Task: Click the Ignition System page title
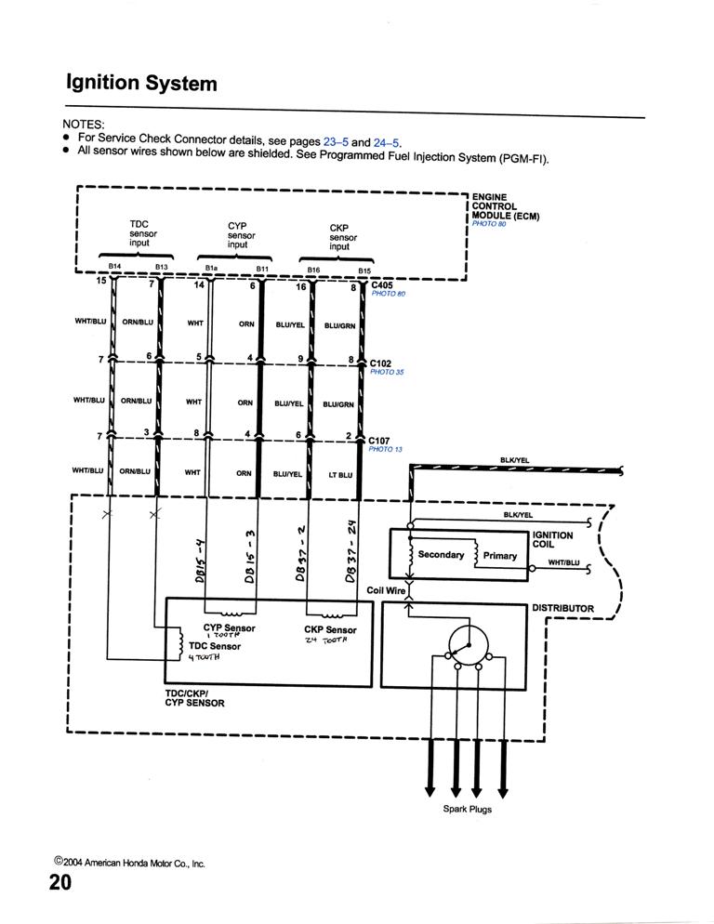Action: click(x=141, y=84)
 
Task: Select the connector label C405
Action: click(x=381, y=285)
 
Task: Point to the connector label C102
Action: click(x=380, y=363)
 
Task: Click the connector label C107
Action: click(x=379, y=441)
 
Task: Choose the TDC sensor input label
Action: click(x=142, y=233)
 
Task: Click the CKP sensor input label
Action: click(x=339, y=237)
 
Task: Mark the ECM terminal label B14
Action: click(x=114, y=266)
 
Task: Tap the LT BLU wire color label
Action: click(x=339, y=474)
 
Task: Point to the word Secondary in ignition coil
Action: click(x=441, y=555)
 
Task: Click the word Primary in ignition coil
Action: click(x=500, y=556)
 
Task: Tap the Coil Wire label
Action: click(x=387, y=590)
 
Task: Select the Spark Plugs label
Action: click(x=467, y=809)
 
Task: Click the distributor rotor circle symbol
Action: click(x=468, y=643)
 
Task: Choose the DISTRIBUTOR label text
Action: click(x=562, y=608)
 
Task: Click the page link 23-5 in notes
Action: click(x=336, y=142)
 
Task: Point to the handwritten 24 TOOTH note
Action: click(x=325, y=641)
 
